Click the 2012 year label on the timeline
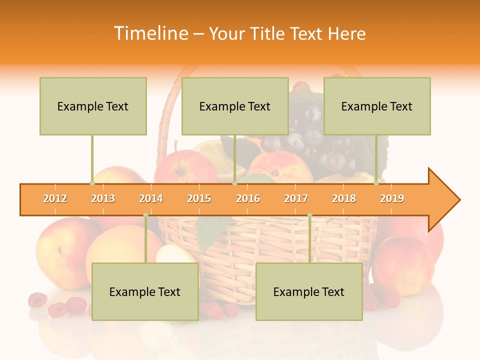tap(55, 198)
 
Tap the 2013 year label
tap(103, 198)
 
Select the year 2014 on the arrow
tap(151, 198)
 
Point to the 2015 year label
tap(199, 198)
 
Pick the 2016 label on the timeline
tap(248, 198)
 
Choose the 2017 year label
tap(296, 198)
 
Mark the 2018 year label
tap(344, 198)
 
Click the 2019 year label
tap(392, 198)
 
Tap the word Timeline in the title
tap(149, 33)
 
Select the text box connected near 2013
tap(93, 106)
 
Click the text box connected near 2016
tap(235, 106)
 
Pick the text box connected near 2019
tap(377, 106)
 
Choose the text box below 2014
tap(145, 291)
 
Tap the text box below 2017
tap(309, 291)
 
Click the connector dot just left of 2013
tap(92, 183)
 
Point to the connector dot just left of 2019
tap(376, 183)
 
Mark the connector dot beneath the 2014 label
tap(145, 215)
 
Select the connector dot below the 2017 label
tap(309, 215)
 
